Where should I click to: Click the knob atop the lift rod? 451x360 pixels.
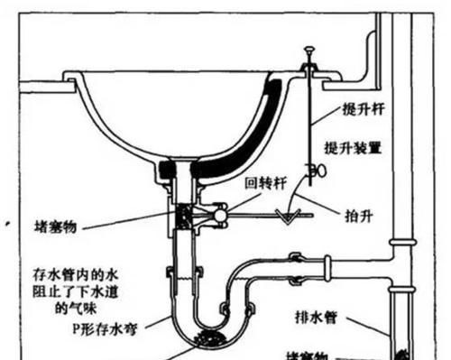(308, 51)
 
